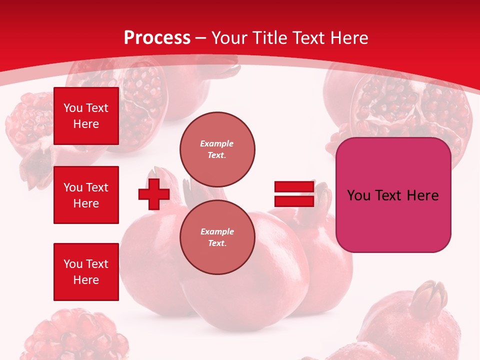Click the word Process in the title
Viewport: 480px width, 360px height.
(157, 38)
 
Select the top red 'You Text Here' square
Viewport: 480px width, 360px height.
(86, 116)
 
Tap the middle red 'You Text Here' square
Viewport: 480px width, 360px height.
(86, 195)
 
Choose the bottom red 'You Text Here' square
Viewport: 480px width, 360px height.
(86, 271)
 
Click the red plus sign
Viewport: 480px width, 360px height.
(154, 194)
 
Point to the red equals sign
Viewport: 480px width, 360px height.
(294, 194)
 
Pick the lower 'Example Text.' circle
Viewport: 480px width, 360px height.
(217, 237)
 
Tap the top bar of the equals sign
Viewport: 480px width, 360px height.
(294, 187)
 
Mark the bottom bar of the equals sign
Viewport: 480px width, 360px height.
(294, 201)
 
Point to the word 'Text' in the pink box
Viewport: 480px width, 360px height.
(390, 195)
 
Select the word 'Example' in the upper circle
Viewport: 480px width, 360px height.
(217, 143)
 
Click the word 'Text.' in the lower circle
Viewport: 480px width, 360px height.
(217, 243)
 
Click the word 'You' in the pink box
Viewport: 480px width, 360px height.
(358, 195)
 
